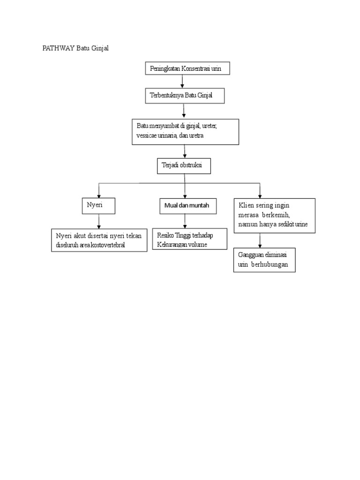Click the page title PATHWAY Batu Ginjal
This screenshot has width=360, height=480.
pos(75,49)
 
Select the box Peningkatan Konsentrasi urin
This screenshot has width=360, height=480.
pos(187,69)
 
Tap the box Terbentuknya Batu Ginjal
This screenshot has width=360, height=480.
pos(184,96)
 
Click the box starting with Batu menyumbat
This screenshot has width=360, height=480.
pos(185,131)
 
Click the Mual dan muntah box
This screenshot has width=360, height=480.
pos(187,205)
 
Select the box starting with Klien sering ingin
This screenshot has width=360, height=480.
pos(274,216)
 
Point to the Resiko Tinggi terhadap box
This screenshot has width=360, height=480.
pos(189,240)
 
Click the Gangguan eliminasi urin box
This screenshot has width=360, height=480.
pos(264,260)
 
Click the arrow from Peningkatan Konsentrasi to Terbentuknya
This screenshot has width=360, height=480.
pos(182,82)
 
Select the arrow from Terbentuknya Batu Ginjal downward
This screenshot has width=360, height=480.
pos(184,111)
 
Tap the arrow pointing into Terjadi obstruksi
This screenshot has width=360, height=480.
pos(185,151)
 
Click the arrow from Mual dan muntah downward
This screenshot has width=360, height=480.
pos(186,220)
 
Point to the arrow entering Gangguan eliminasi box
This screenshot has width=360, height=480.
pos(260,240)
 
